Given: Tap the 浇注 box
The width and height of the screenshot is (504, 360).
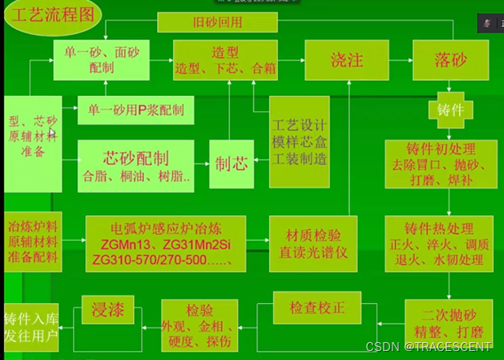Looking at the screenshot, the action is coord(347,60).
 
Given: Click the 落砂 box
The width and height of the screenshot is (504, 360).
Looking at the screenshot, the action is coord(451,60).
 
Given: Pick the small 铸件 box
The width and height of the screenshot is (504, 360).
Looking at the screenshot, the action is coord(450,109).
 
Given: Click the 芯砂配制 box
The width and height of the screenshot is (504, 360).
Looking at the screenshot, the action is coord(137,164).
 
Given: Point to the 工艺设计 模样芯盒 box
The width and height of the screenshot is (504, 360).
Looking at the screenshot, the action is coord(300,144).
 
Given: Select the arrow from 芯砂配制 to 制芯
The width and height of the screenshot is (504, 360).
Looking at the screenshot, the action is coord(203,161).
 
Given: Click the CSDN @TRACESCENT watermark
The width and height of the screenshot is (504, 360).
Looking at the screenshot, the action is coord(430,347).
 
